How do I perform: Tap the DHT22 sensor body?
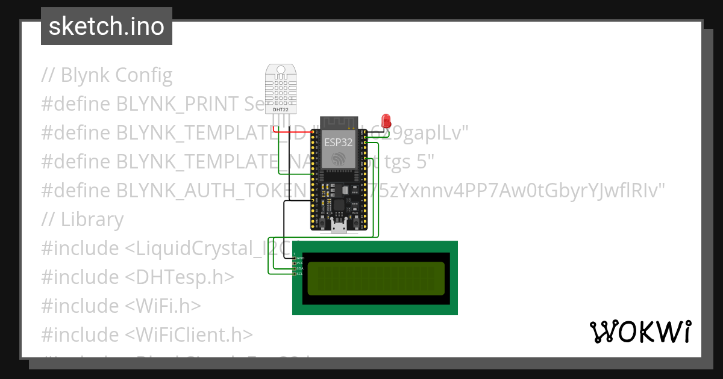coord(281,88)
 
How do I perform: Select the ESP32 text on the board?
coord(339,143)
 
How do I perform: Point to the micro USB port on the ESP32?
coord(338,226)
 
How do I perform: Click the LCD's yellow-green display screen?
coord(376,279)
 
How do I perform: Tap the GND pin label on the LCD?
coord(300,258)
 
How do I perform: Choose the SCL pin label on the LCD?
coord(299,274)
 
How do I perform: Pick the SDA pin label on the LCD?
coord(299,268)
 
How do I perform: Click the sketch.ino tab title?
coord(107,26)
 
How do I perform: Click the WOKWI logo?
coord(640,331)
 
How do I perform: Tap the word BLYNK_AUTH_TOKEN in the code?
coord(211,191)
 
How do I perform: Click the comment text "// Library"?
coord(83,220)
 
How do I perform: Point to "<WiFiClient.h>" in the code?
coord(189,335)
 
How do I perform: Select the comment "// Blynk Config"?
coord(107,75)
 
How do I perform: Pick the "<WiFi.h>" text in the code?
coord(163,306)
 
